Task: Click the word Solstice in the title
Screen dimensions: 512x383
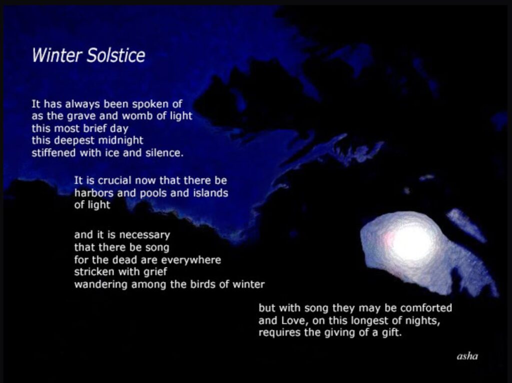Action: point(116,55)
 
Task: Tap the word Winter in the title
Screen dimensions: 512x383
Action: point(57,55)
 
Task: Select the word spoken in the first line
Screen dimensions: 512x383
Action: point(150,104)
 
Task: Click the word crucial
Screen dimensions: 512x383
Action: point(114,180)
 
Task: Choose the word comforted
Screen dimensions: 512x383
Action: point(426,308)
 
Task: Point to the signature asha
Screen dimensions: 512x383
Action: point(467,356)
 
